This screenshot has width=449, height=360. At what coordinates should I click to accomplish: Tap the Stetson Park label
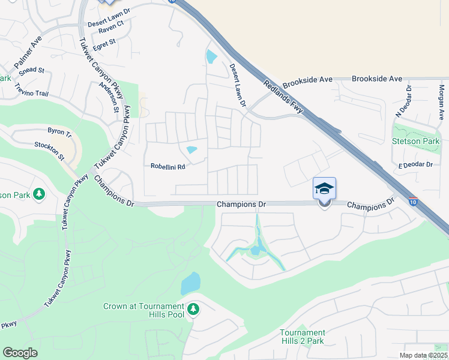(x=415, y=142)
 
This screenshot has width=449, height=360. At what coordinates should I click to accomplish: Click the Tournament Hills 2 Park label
(x=302, y=337)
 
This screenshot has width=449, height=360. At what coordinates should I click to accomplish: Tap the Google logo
(x=20, y=353)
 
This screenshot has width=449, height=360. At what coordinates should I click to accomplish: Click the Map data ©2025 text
(x=423, y=355)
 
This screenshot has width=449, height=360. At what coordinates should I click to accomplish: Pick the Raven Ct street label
(x=110, y=32)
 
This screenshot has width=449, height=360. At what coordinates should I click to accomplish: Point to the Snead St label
(x=31, y=70)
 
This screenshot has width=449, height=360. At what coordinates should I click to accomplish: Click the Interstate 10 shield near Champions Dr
(x=413, y=201)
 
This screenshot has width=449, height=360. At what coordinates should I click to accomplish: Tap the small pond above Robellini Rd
(x=192, y=150)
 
